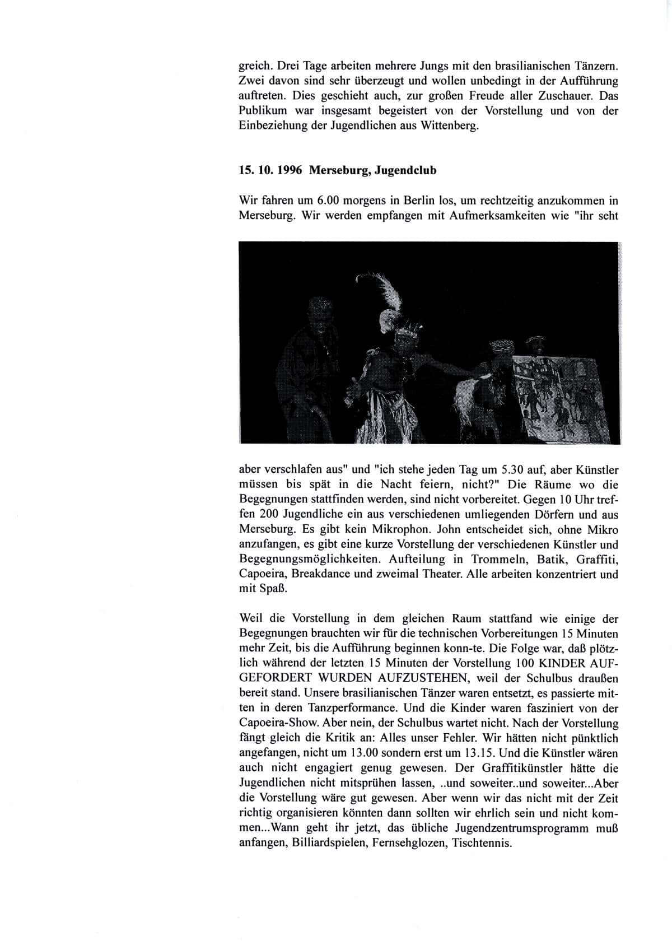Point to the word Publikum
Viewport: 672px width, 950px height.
coord(263,110)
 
